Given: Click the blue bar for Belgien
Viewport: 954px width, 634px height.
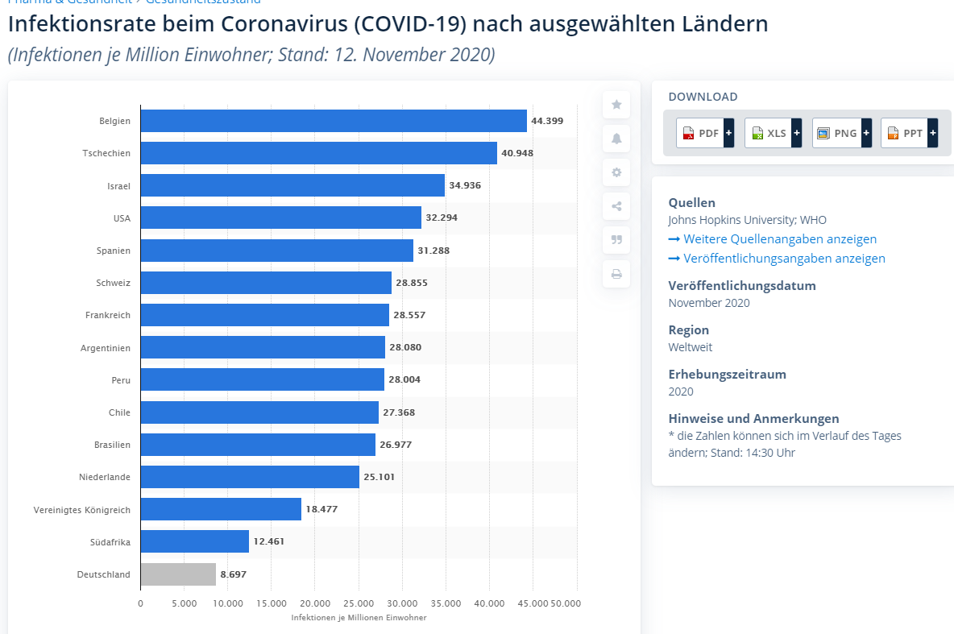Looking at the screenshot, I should (333, 121).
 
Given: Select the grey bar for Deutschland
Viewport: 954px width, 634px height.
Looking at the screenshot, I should (178, 574).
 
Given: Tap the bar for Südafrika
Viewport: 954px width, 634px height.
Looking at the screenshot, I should (194, 541).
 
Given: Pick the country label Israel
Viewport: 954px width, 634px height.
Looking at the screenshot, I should (118, 186).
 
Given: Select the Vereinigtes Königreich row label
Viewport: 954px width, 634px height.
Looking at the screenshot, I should (81, 510).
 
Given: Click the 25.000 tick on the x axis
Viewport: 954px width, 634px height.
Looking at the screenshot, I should (359, 603).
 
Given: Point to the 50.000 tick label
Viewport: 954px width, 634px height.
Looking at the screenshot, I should (564, 603).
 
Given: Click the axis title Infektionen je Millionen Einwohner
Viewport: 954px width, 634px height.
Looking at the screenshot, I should (359, 618).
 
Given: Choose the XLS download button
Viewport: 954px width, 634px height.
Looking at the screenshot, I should (773, 133).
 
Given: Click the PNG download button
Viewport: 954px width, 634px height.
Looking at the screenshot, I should (841, 133).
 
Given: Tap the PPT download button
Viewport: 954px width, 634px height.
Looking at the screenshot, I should (910, 133).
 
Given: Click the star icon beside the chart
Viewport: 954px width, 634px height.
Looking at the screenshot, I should (616, 105).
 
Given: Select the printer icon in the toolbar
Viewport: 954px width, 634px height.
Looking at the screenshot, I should (616, 274).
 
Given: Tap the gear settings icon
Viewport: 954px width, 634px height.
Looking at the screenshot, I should (616, 172).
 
